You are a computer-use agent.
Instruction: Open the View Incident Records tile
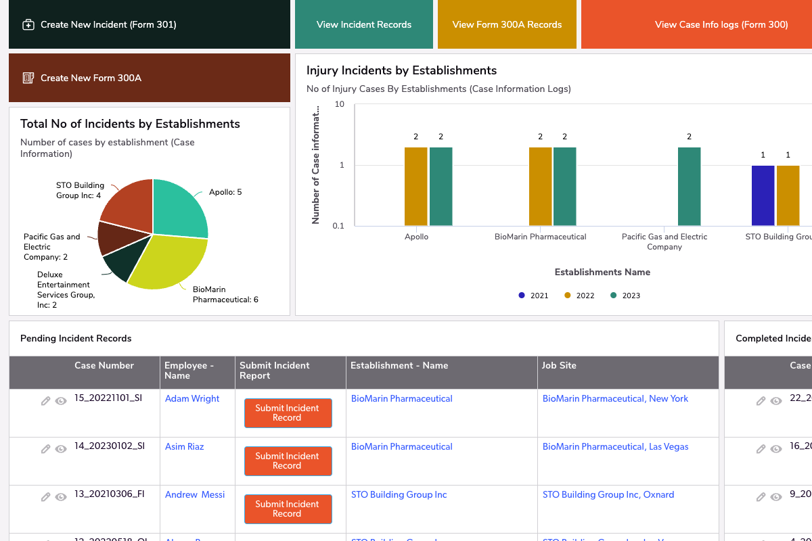coord(364,25)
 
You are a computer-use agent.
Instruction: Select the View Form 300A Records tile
coord(507,25)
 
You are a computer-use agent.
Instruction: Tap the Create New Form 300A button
coord(91,78)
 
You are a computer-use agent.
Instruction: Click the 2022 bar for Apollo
coord(416,186)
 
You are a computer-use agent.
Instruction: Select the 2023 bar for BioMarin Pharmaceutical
coord(565,186)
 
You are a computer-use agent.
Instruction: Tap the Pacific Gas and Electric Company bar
coord(690,186)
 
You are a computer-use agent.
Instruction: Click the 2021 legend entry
coord(533,296)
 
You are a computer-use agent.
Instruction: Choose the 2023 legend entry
coord(625,296)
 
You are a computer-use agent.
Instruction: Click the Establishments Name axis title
coord(602,273)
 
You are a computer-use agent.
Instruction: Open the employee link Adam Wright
coord(192,399)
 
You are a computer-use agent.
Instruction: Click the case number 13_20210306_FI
coord(109,494)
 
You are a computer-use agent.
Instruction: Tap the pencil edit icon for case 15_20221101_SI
coord(46,401)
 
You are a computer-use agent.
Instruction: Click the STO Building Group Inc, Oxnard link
coord(608,495)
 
